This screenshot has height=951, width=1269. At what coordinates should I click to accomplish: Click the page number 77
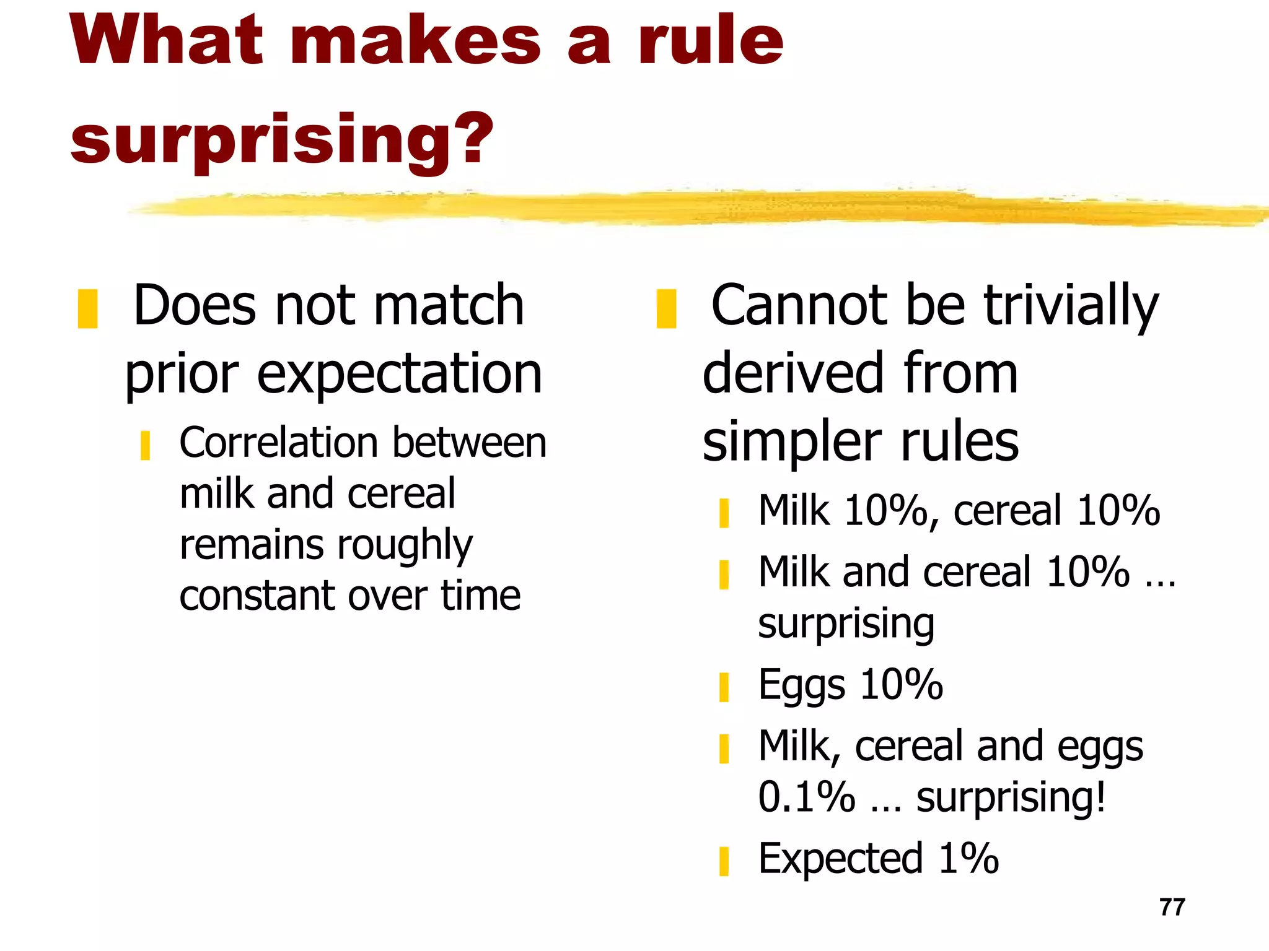pos(1172,907)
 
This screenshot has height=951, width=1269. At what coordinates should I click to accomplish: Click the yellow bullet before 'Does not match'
pos(87,308)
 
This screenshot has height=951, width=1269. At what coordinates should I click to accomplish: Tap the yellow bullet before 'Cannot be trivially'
pos(666,308)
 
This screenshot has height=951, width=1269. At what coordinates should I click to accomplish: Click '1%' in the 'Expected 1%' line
pos(968,859)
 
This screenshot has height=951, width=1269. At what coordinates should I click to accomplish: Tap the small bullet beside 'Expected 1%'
pos(724,861)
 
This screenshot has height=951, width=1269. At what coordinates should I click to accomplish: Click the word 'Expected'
pos(840,859)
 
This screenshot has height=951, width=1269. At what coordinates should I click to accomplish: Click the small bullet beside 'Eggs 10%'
pos(724,687)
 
